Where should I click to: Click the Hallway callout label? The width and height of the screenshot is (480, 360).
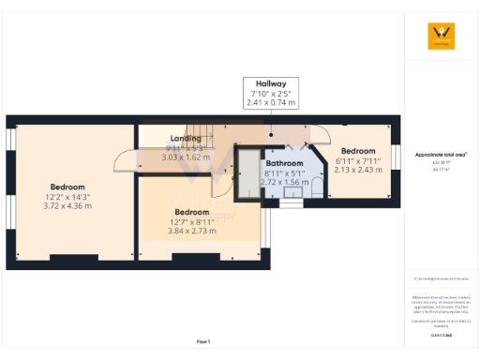tap(272, 83)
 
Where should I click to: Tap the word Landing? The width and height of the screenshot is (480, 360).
tap(185, 139)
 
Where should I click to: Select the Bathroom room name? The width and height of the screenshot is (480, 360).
tap(283, 162)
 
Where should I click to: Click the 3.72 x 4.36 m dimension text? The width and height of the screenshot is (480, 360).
tap(69, 205)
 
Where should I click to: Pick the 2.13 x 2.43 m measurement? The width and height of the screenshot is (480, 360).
tap(357, 170)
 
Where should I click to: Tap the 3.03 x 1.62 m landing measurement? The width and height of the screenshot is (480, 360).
tap(185, 157)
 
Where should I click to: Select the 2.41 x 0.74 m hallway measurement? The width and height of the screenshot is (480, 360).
tap(272, 101)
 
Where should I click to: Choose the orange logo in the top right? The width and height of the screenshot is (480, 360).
tap(441, 36)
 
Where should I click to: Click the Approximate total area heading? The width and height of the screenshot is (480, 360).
tap(441, 154)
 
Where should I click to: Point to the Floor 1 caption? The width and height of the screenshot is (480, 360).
tap(203, 341)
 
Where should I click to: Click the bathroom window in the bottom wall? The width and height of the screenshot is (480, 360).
tap(292, 202)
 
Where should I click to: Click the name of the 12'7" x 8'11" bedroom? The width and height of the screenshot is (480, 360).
tap(191, 212)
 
